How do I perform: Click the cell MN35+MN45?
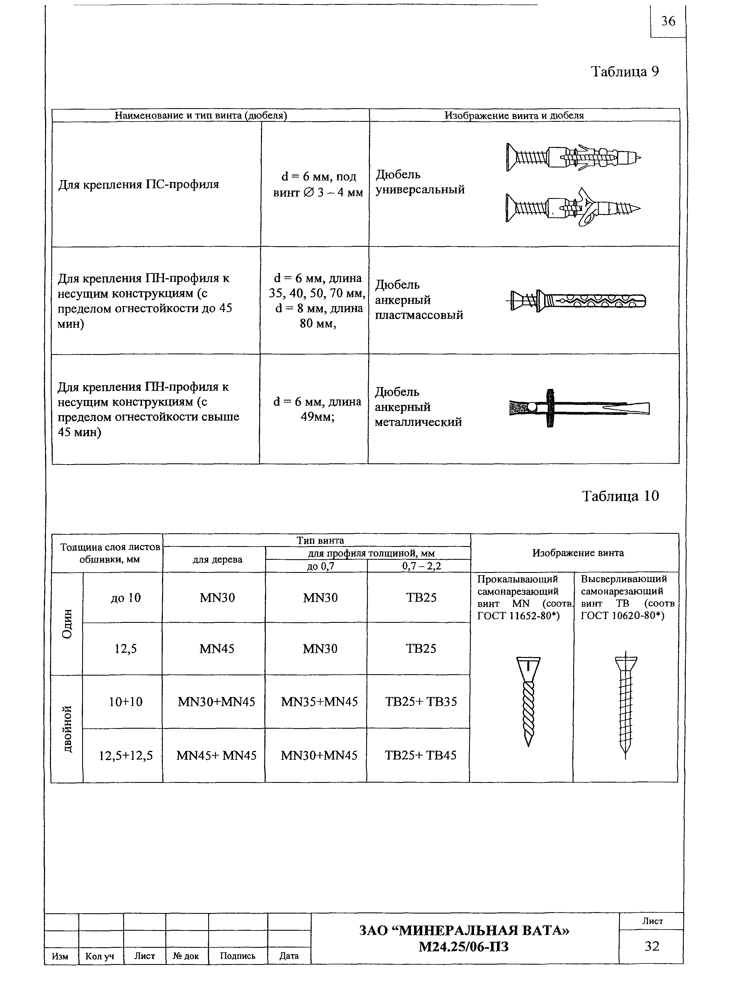[x=319, y=702]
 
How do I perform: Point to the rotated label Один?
[x=67, y=624]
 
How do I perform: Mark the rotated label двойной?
[x=67, y=729]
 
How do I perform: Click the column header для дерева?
[x=217, y=559]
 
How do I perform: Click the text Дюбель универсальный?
[x=420, y=182]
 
